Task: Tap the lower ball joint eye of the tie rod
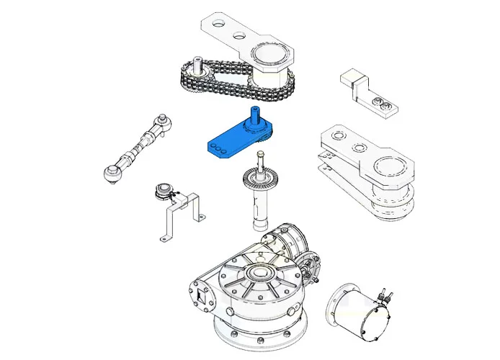pyautogui.click(x=112, y=173)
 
